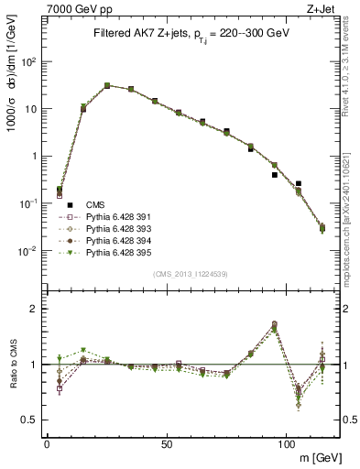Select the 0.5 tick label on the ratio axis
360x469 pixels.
(x=32, y=420)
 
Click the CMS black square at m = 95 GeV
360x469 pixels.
(x=275, y=175)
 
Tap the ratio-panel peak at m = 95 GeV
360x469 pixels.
(x=275, y=324)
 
